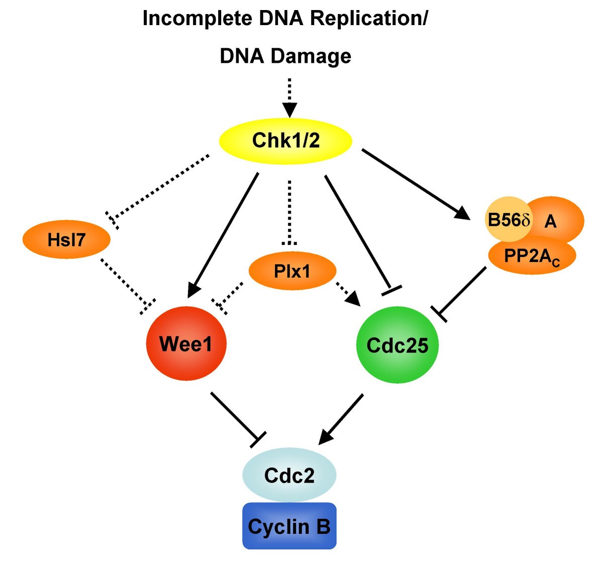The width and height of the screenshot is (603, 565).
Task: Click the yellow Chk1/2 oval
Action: pyautogui.click(x=285, y=141)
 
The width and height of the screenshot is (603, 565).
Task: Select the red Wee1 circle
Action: pyautogui.click(x=186, y=344)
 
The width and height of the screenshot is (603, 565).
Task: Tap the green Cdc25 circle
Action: pyautogui.click(x=397, y=345)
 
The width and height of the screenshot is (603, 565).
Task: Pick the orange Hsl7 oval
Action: pyautogui.click(x=66, y=240)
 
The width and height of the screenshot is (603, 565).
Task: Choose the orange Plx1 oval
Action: pyautogui.click(x=292, y=271)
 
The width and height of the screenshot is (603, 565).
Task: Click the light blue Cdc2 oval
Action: pyautogui.click(x=289, y=475)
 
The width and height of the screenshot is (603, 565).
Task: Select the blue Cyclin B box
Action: pyautogui.click(x=289, y=526)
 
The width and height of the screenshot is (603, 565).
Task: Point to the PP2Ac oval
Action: pyautogui.click(x=532, y=257)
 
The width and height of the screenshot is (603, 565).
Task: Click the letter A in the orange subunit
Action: pyautogui.click(x=551, y=221)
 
